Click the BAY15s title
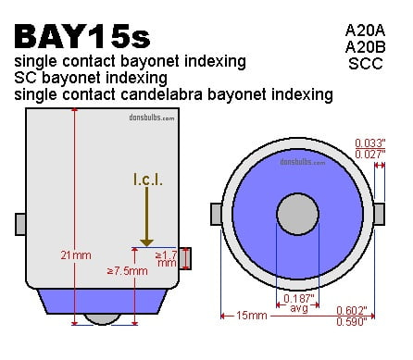pos(82,37)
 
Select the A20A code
pos(365,31)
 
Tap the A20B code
pos(365,47)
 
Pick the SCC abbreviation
pos(366,64)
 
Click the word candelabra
pos(162,94)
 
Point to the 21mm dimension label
pos(76,255)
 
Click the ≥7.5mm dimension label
pos(127,271)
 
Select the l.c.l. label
pos(148,180)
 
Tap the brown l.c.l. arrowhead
pos(146,242)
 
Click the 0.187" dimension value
pos(298,298)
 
